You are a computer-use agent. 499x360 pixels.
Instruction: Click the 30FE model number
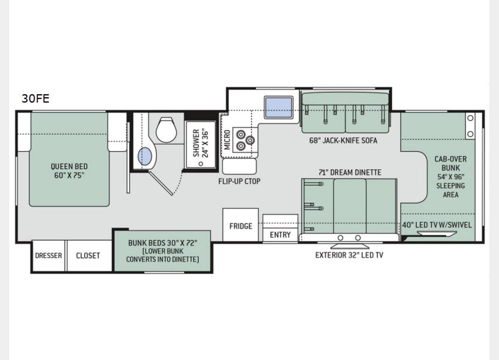coord(35,99)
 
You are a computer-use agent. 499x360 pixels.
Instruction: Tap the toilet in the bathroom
coord(166,130)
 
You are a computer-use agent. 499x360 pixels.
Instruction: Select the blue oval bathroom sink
coord(145,156)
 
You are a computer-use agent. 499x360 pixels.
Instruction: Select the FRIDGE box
coord(240,226)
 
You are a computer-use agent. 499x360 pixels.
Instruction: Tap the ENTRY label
coord(280,235)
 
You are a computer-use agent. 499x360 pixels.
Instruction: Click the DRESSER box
coord(48,256)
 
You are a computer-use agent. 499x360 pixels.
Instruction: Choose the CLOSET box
coord(88,256)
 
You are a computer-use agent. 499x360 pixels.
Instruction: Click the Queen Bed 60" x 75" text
coord(69,171)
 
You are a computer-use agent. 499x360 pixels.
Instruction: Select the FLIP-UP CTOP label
coord(239,181)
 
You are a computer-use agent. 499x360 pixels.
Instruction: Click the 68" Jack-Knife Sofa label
coord(343,140)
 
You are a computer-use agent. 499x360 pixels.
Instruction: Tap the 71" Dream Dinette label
coord(349,172)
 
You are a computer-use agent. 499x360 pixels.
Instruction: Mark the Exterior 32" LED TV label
coord(349,255)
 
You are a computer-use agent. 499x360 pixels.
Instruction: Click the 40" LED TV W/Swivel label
coord(437,225)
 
